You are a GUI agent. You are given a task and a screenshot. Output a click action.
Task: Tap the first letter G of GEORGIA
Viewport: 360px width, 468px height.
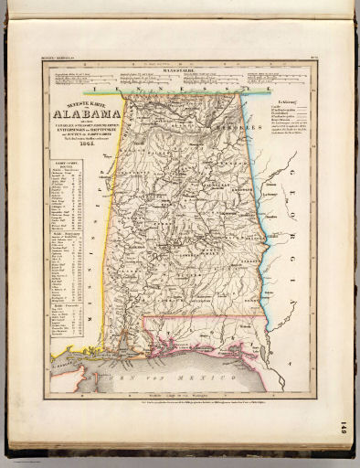[x=291, y=171]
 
